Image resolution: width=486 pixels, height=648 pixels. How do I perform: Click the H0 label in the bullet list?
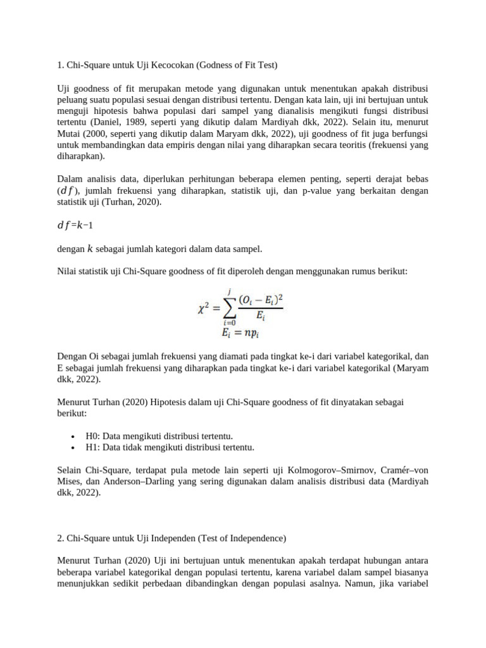pyautogui.click(x=92, y=436)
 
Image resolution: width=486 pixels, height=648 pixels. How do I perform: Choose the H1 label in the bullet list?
pyautogui.click(x=92, y=447)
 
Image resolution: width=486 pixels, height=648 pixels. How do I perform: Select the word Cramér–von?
pyautogui.click(x=404, y=470)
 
